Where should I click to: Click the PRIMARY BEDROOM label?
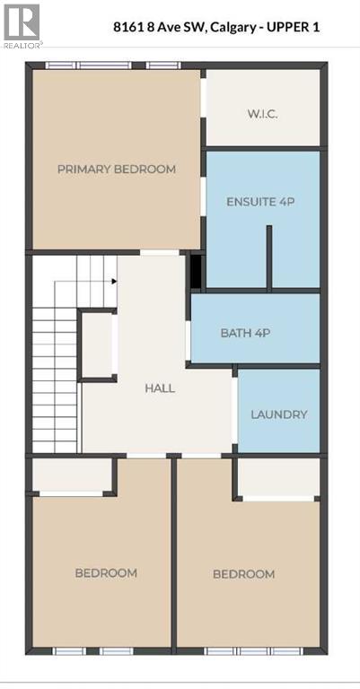pos(117,169)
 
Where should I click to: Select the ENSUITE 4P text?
pos(260,202)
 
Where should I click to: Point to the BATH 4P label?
pos(245,333)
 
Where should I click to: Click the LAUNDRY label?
pos(279,414)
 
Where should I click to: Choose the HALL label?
pos(160,388)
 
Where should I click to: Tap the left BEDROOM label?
pos(106,572)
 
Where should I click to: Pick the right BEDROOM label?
pos(243,573)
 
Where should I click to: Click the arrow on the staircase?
pos(114,281)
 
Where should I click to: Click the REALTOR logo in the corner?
pos(21,24)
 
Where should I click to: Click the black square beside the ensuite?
pos(197,271)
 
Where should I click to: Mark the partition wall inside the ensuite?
pos(268,257)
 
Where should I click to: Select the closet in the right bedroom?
pos(277,478)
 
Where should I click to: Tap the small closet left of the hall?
pos(97,344)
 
